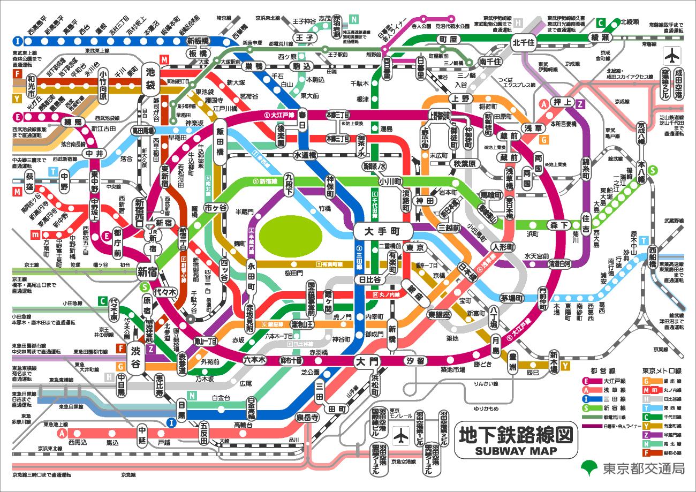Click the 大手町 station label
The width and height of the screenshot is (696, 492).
click(382, 232)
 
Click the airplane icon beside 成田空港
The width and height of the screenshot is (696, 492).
click(671, 55)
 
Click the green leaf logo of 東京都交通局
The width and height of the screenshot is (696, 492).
click(591, 467)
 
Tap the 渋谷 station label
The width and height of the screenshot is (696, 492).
click(135, 359)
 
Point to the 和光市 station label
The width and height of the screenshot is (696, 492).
click(31, 87)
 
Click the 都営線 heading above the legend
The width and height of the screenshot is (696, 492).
click(602, 370)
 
